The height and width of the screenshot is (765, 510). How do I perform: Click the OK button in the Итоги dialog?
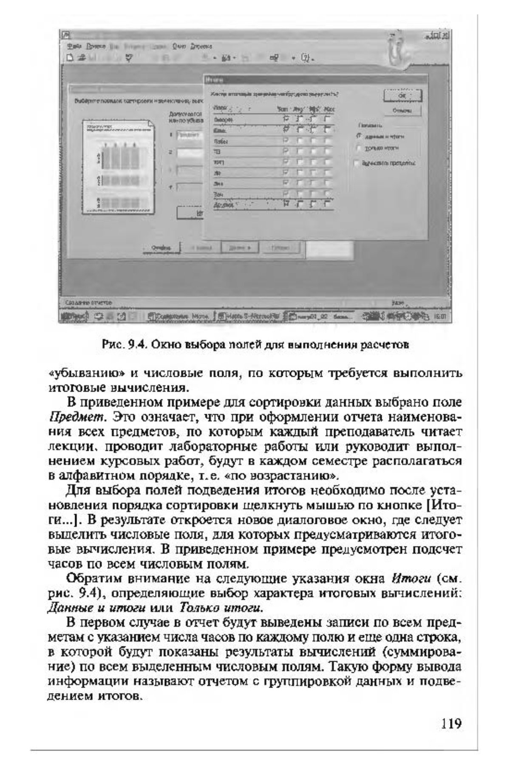(402, 97)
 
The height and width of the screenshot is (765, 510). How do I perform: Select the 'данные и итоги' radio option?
(359, 137)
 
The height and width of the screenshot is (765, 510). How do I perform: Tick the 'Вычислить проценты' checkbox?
(357, 163)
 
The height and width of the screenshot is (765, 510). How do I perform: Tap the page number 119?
(451, 723)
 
